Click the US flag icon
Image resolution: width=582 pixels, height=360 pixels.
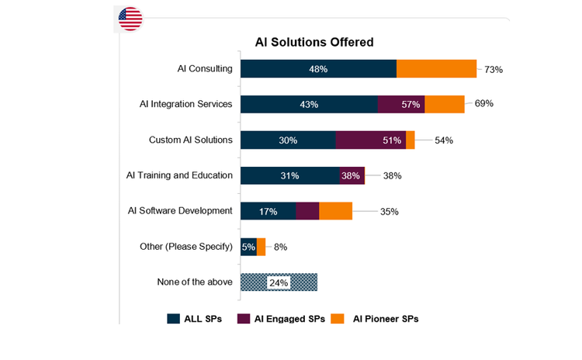[x=130, y=19]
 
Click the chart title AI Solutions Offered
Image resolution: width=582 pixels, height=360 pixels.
[x=314, y=42]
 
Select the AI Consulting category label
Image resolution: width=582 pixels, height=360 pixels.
[x=205, y=68]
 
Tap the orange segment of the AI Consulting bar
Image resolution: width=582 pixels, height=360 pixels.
[x=436, y=68]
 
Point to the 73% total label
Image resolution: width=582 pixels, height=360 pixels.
[x=494, y=69]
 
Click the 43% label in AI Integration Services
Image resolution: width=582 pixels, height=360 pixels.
[x=309, y=104]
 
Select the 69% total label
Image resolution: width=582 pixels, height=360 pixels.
[x=484, y=103]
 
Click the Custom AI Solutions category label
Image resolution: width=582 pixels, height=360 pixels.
[x=191, y=140]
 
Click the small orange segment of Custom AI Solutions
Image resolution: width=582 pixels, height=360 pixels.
[x=411, y=140]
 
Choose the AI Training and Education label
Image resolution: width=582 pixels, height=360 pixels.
[x=179, y=175]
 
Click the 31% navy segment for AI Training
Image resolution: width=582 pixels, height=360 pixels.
[x=289, y=175]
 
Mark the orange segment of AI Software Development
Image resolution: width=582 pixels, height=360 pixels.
[x=335, y=211]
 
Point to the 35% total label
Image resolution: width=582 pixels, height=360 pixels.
[x=390, y=211]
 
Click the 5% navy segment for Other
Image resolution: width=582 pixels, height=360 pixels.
[x=248, y=247]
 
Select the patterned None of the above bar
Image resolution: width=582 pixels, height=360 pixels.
[x=279, y=282]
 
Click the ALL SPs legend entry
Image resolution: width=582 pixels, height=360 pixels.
[x=194, y=319]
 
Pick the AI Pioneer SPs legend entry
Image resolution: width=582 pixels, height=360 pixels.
[x=376, y=319]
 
